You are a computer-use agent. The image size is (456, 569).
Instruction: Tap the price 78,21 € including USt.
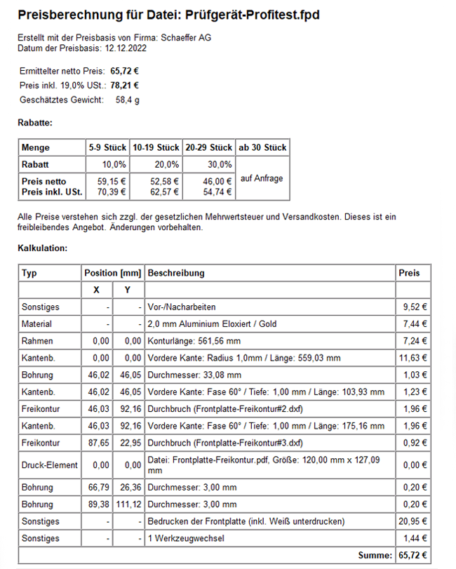(124, 86)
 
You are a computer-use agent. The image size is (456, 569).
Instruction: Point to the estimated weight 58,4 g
(128, 100)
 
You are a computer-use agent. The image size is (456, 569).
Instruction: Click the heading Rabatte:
(35, 123)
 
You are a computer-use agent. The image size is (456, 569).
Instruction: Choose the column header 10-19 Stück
(156, 148)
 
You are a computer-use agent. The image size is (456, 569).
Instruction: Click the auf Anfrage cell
(262, 178)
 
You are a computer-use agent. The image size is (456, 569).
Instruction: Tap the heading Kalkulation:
(42, 248)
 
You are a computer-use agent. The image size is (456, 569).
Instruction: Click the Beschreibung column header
(176, 273)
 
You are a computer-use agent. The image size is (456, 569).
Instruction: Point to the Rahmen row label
(36, 340)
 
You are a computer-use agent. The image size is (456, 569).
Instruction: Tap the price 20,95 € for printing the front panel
(414, 521)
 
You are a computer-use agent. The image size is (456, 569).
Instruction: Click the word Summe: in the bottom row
(375, 556)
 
